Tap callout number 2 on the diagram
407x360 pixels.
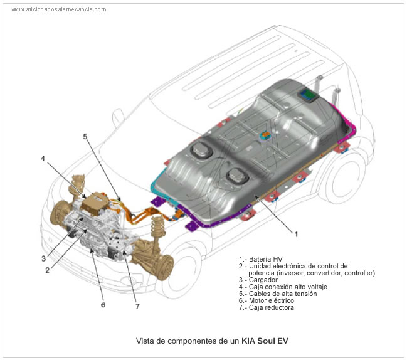click(x=47, y=270)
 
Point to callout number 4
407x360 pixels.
click(x=43, y=158)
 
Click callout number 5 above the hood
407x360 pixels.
click(x=85, y=136)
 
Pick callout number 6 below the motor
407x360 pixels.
click(x=103, y=305)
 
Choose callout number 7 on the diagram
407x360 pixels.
click(x=137, y=306)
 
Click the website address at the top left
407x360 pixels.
click(x=58, y=9)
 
